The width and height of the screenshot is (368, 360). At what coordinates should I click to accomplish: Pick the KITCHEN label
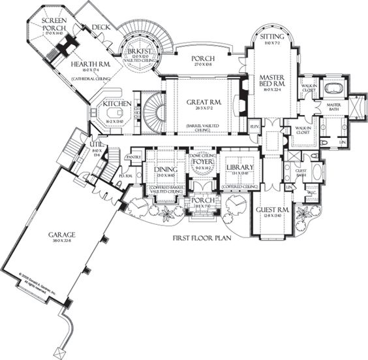[117, 104]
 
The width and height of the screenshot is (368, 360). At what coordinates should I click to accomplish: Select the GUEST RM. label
[269, 210]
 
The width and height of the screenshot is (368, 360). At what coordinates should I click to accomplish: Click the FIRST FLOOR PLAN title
[202, 238]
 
